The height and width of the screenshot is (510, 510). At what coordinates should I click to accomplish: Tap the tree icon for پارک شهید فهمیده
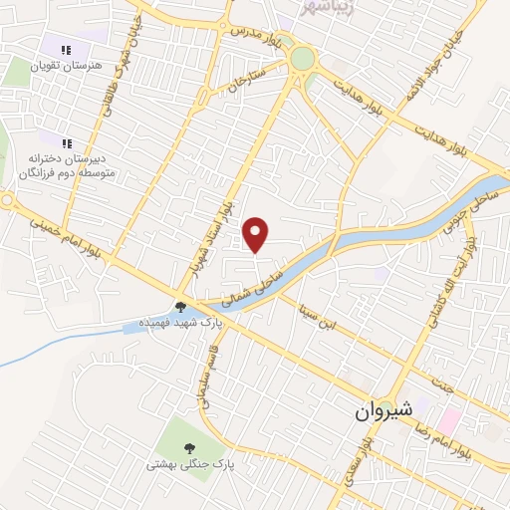pos(181,308)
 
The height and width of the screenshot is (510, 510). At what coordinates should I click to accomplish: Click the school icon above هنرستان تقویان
pos(67,50)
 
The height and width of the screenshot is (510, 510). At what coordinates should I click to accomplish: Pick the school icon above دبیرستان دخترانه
pos(67,141)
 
